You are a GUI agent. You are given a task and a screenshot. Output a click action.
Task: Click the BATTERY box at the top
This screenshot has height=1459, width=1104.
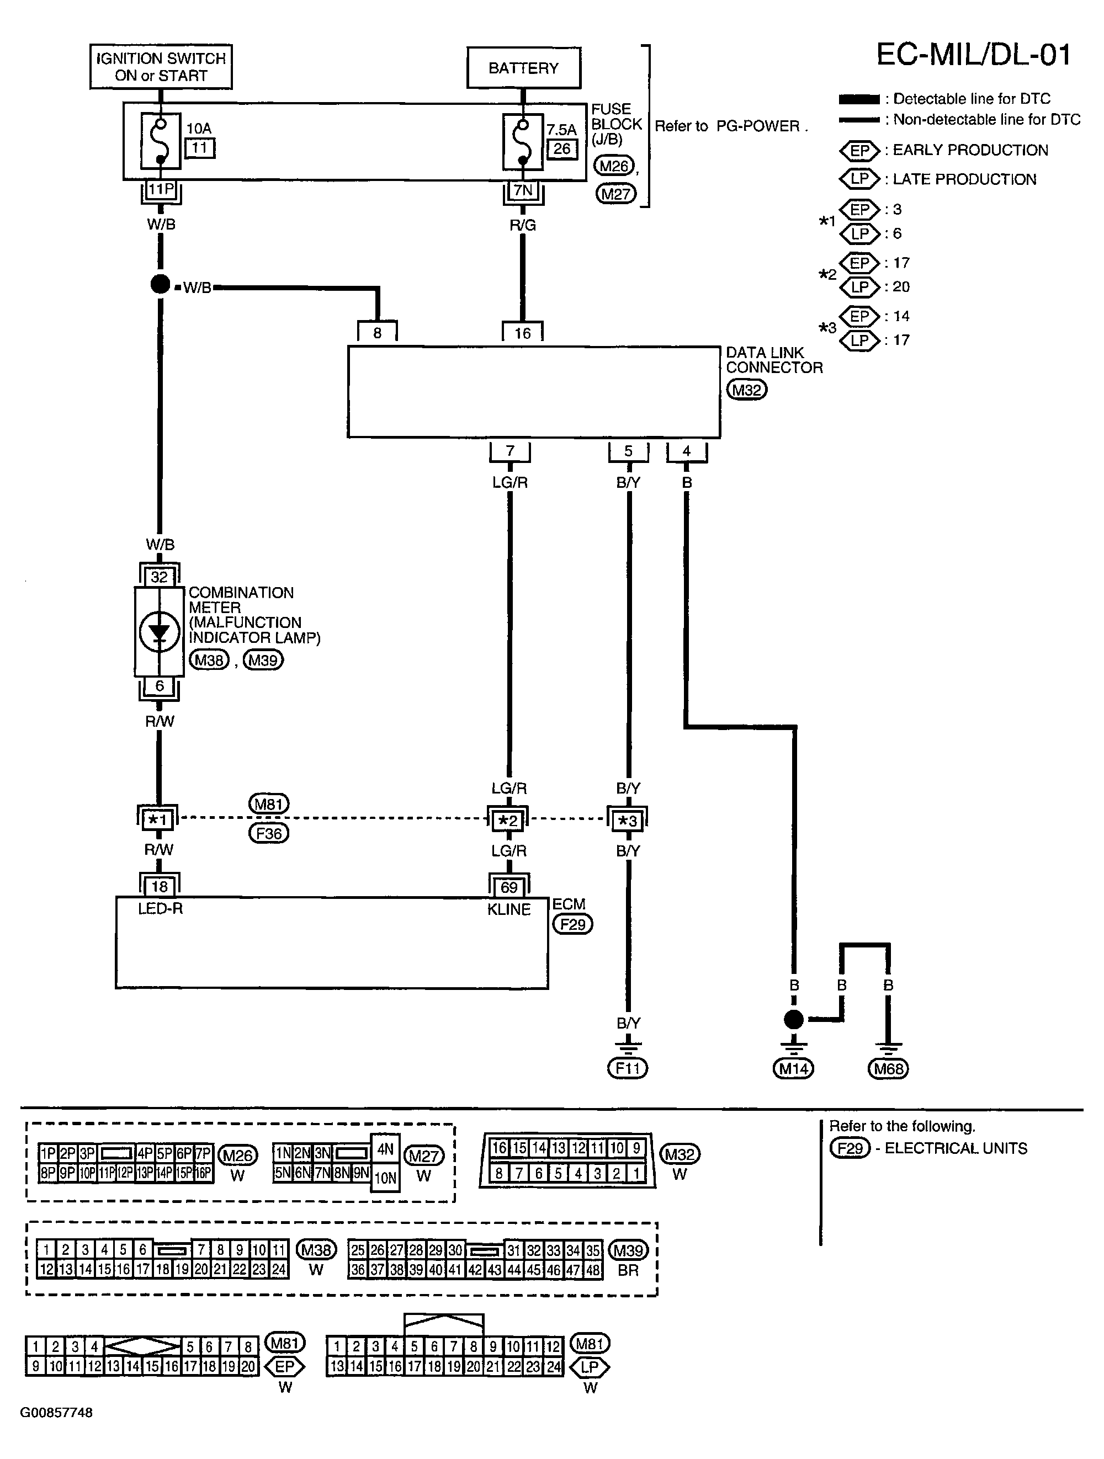[x=523, y=67]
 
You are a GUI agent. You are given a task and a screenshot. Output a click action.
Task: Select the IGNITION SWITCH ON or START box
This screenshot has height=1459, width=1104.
[x=161, y=67]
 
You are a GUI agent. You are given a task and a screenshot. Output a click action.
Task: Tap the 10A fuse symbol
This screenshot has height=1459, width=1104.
[x=160, y=141]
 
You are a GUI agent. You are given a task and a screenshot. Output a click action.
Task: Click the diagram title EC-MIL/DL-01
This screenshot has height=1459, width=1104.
[x=973, y=55]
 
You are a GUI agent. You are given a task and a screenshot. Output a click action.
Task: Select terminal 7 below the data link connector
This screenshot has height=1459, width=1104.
[x=509, y=451]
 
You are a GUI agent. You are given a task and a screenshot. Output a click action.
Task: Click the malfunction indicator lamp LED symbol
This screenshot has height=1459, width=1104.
[x=159, y=632]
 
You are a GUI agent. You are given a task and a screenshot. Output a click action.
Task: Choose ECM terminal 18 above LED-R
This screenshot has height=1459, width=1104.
[x=160, y=886]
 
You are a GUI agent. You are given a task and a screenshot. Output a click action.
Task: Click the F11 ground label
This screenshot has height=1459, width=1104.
[x=628, y=1068]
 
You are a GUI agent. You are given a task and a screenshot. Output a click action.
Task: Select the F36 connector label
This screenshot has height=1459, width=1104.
[x=269, y=833]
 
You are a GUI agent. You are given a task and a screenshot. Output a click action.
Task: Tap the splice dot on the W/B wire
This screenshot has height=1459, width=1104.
[x=160, y=284]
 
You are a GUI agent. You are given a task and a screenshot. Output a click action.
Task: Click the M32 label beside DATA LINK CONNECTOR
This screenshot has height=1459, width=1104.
[x=747, y=390]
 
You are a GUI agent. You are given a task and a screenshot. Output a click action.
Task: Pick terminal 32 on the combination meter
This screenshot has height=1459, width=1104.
[x=159, y=577]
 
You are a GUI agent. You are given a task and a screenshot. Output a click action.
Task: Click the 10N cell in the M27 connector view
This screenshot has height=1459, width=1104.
[x=385, y=1178]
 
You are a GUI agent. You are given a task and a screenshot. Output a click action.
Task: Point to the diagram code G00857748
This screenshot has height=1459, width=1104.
[x=56, y=1412]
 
